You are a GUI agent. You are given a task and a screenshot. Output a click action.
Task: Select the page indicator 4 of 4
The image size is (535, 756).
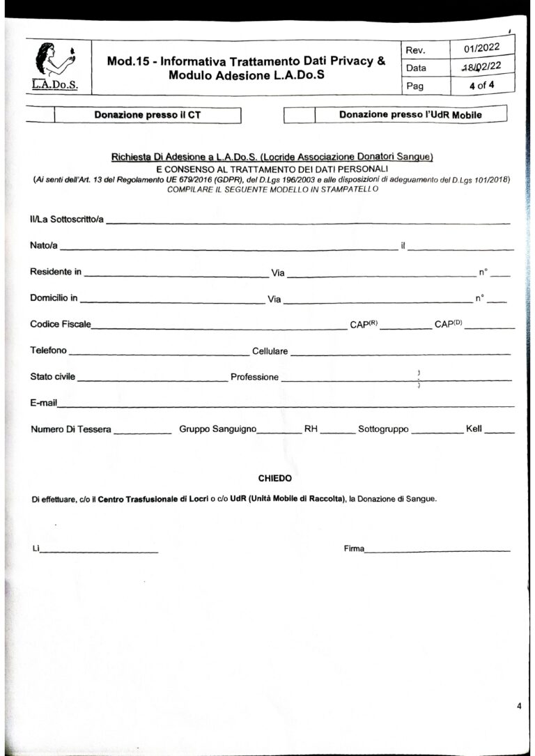(x=482, y=86)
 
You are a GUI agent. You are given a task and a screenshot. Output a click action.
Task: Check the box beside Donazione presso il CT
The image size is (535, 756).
(x=40, y=115)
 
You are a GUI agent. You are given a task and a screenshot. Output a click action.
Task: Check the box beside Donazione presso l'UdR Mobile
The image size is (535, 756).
(x=300, y=114)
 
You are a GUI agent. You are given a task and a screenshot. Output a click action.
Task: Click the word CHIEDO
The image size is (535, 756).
(x=274, y=479)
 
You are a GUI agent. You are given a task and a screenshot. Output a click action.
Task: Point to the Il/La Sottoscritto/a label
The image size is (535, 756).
(x=67, y=220)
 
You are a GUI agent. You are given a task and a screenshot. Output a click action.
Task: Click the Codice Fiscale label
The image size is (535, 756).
(x=61, y=325)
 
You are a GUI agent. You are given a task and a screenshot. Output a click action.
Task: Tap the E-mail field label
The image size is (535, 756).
(x=43, y=403)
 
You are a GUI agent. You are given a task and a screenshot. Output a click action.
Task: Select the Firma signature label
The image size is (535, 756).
(x=354, y=549)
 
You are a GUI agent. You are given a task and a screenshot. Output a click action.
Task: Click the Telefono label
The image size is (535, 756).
(x=49, y=350)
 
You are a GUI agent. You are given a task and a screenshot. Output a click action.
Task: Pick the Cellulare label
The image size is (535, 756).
(x=270, y=351)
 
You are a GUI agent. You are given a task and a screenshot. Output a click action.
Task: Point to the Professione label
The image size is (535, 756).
(x=254, y=377)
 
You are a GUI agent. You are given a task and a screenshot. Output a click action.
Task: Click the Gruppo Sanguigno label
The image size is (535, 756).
(x=218, y=429)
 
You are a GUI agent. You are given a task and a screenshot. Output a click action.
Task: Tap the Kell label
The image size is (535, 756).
(x=474, y=429)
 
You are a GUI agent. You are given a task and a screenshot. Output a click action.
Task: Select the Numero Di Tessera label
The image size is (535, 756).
(x=70, y=429)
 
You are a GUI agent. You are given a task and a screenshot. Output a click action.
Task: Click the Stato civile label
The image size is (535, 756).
(x=53, y=377)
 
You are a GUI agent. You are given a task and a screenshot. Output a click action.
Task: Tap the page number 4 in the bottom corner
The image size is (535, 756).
(x=519, y=707)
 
